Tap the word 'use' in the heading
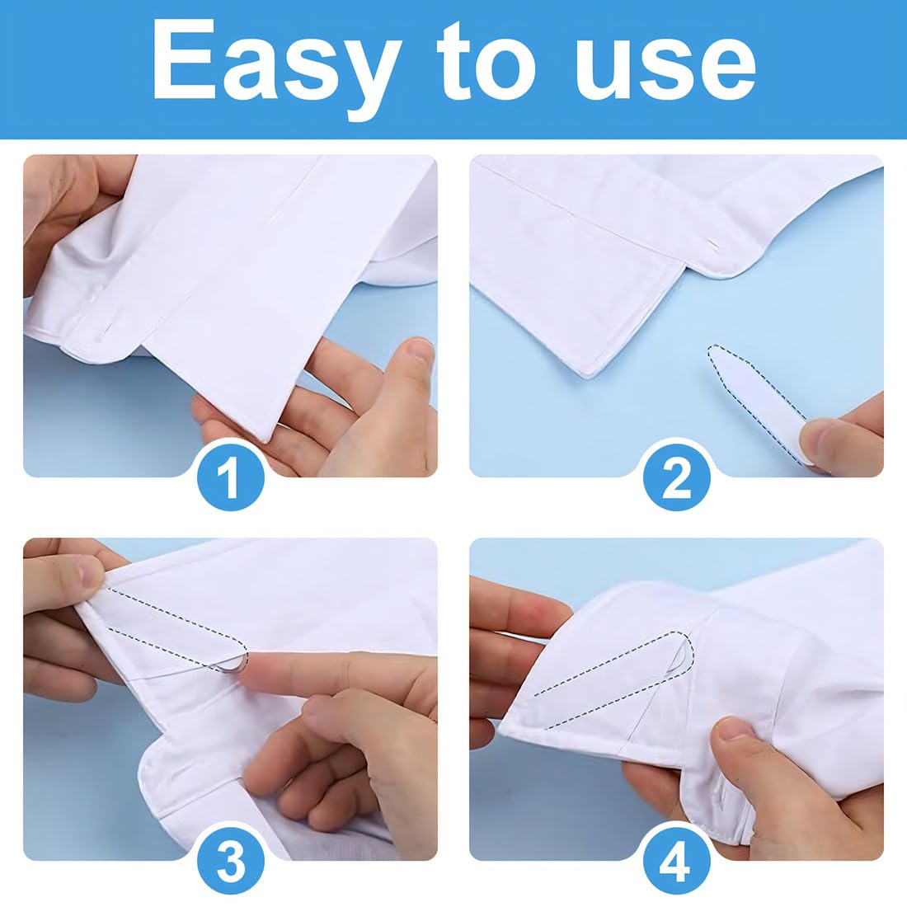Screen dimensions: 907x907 pos(665,69)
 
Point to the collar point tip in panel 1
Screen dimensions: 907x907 pos(266,441)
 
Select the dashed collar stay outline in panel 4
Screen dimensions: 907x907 pos(613,679)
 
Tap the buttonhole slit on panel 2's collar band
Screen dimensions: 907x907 pos(716,246)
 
